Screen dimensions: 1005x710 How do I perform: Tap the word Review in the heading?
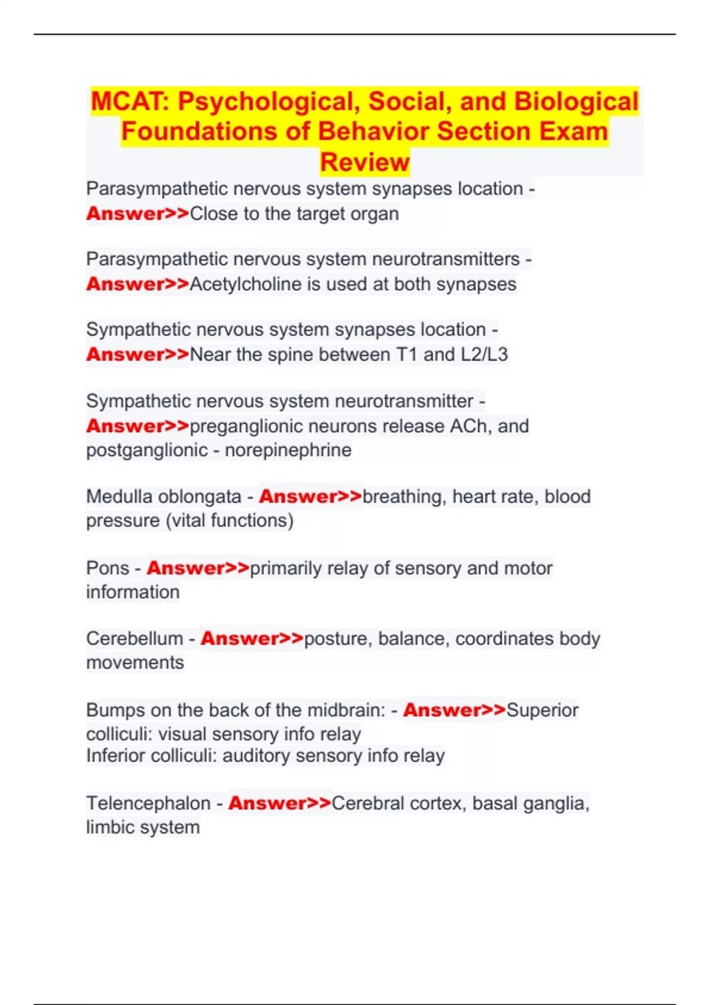[364, 162]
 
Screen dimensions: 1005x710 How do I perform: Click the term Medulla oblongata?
[164, 497]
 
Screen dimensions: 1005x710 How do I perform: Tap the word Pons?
[108, 568]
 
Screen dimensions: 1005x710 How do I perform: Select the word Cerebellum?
[134, 638]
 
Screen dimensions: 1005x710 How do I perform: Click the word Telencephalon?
[148, 803]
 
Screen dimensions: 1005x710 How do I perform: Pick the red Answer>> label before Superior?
[454, 710]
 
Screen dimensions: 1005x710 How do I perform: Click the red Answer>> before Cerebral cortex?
[279, 803]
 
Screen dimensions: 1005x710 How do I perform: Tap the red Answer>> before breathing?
[310, 497]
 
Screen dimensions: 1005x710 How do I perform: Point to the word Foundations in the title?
[199, 132]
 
